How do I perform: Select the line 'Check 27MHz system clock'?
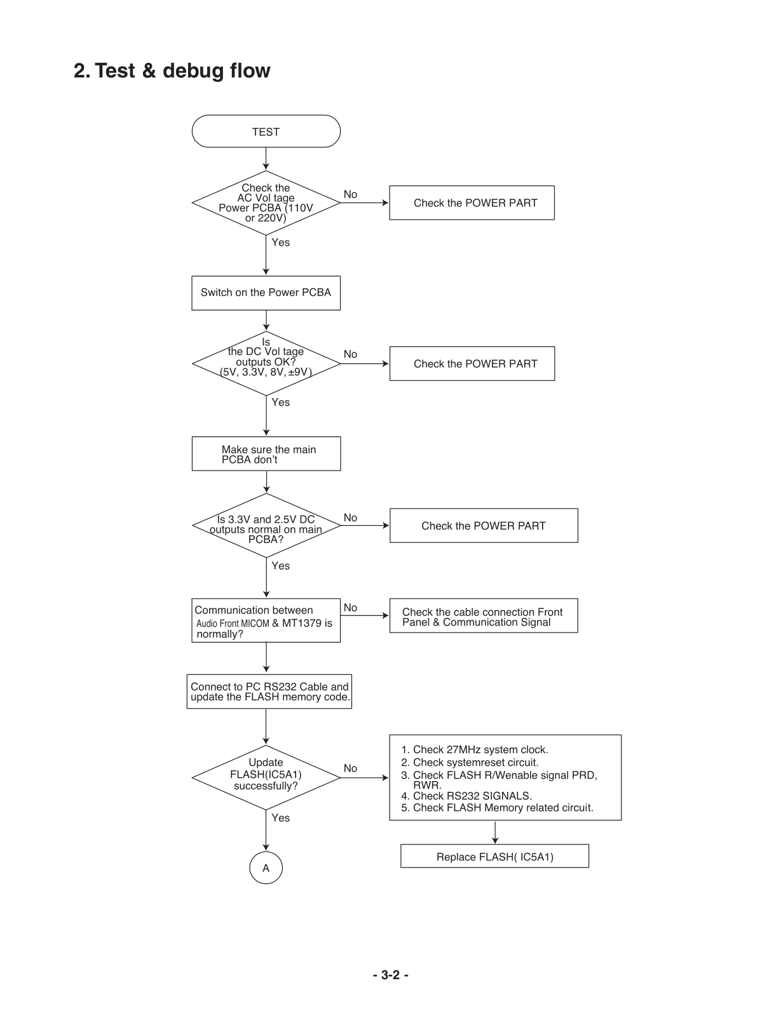point(474,749)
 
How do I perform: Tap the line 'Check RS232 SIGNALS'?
point(466,796)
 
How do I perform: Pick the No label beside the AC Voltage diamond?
point(350,194)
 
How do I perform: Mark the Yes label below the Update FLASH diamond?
point(280,818)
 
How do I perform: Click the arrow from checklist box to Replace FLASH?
point(495,832)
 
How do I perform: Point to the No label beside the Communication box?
point(350,607)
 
